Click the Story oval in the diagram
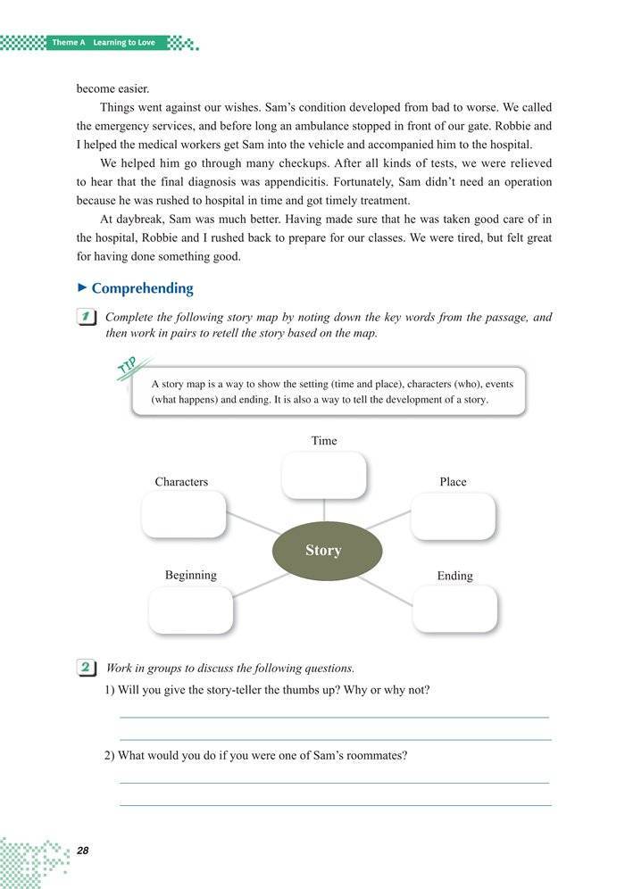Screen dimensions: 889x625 [323, 550]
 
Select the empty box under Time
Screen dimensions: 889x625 [323, 475]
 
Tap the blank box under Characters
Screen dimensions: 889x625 [184, 516]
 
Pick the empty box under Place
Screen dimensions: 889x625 [453, 517]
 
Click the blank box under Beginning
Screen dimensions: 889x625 [190, 611]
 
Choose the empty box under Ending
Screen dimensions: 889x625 [454, 610]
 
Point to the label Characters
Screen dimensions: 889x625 [181, 482]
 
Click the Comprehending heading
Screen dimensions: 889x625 [142, 288]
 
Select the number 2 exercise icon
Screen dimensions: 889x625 [87, 668]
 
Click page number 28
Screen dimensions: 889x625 [84, 850]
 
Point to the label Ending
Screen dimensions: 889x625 [454, 576]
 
